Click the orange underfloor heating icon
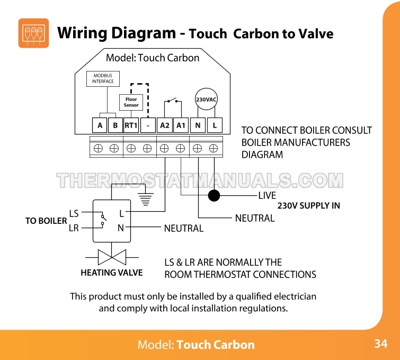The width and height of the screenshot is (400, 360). (33, 33)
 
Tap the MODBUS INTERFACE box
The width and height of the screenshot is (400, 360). (103, 78)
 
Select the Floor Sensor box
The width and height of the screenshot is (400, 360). (131, 102)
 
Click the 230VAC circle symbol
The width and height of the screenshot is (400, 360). (207, 100)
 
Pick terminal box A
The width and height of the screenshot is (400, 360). (100, 125)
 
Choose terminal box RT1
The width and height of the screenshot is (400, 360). (131, 125)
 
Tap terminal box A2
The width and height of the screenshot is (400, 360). (165, 125)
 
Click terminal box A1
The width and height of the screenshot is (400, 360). (181, 125)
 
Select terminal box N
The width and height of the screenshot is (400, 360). (198, 125)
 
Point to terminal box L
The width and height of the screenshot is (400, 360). (215, 125)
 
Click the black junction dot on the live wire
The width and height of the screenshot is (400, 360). (214, 196)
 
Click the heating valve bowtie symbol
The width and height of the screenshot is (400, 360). (111, 258)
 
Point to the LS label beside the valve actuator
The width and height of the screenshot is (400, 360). (74, 213)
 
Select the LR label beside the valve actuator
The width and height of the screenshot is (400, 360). (74, 228)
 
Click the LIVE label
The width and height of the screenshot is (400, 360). (267, 196)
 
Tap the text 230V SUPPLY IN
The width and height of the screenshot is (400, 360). (308, 205)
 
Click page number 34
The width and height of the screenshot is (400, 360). (380, 344)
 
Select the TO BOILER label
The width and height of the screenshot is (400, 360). (46, 221)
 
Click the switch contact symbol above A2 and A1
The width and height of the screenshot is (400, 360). (172, 101)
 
